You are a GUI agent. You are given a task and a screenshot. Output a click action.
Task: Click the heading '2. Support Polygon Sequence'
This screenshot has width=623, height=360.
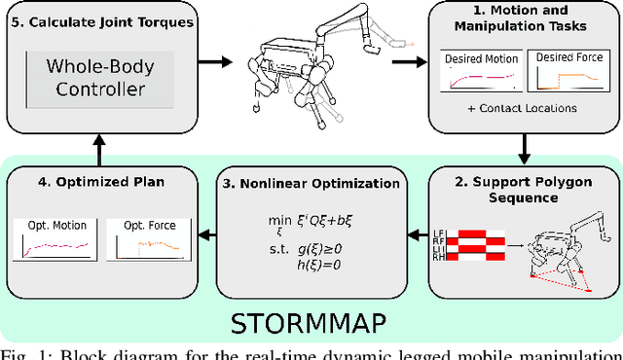[x=522, y=191]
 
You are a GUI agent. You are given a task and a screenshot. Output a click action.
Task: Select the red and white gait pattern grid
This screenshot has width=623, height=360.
[x=471, y=244]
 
